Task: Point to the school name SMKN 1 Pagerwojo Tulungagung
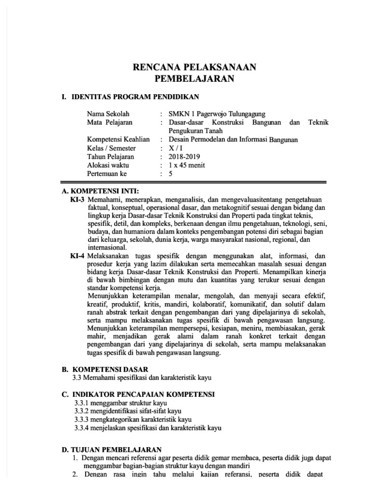(x=216, y=114)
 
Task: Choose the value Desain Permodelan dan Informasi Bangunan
(x=234, y=140)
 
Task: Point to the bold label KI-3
(x=78, y=199)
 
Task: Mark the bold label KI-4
(x=78, y=255)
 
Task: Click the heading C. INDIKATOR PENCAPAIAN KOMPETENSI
(x=138, y=394)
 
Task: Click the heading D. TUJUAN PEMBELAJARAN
(x=112, y=450)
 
